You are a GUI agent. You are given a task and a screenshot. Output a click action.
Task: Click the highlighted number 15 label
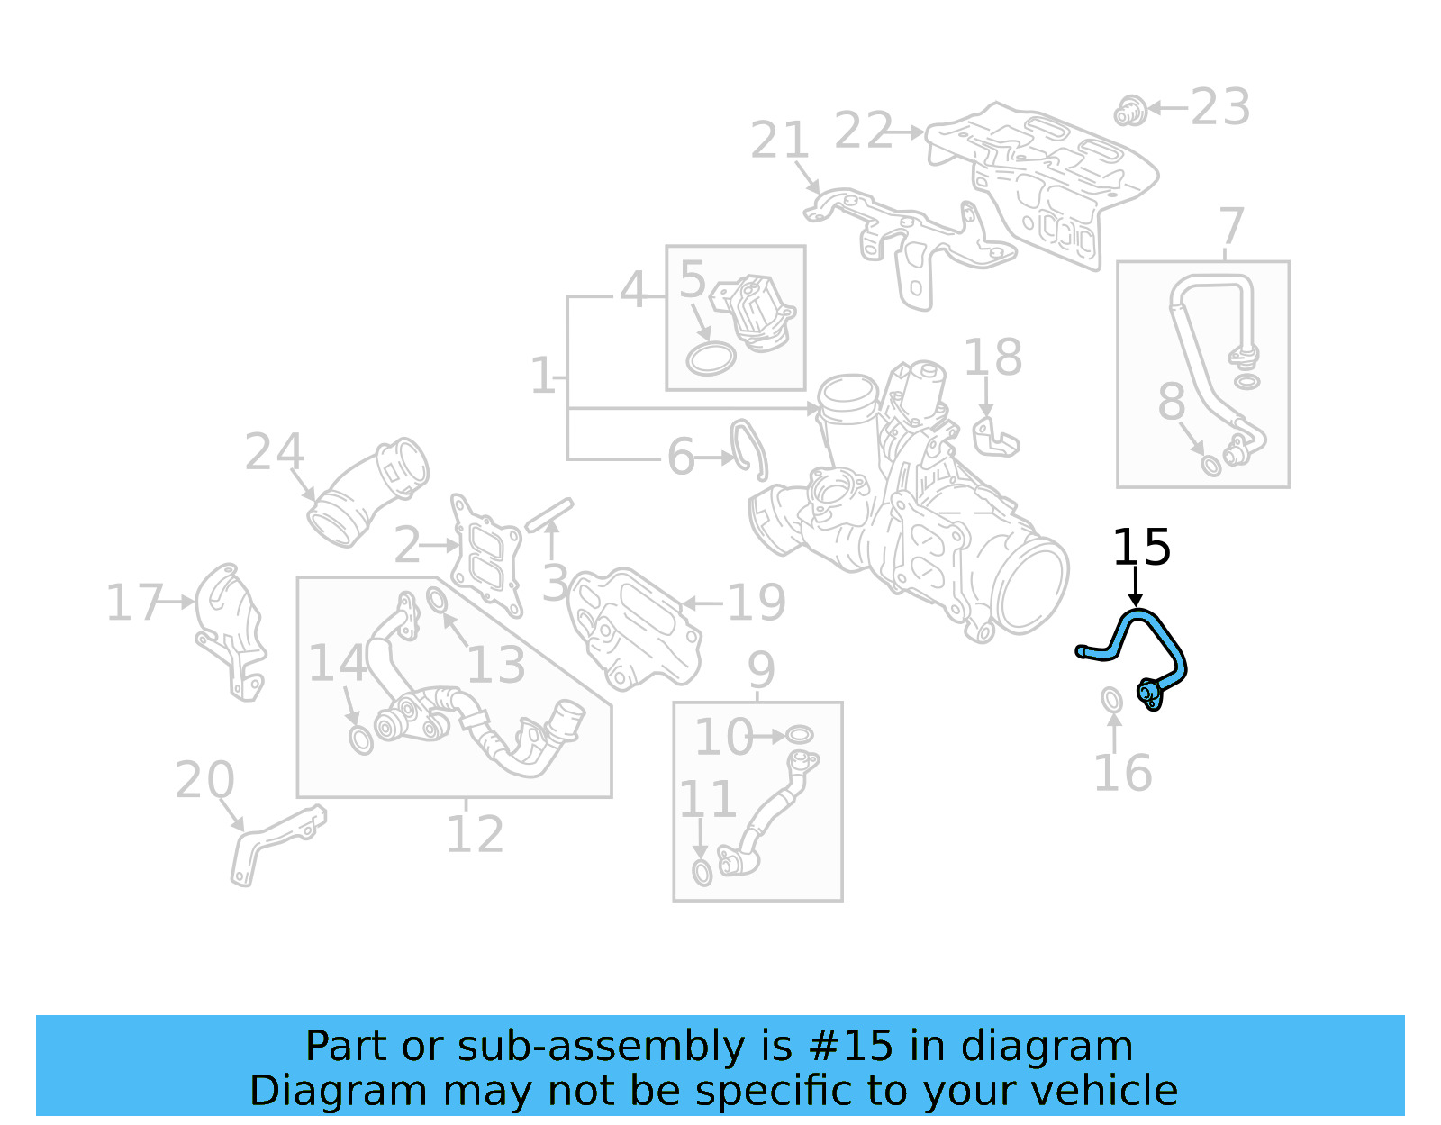click(x=1141, y=548)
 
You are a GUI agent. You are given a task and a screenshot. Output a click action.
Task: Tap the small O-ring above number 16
click(x=1112, y=699)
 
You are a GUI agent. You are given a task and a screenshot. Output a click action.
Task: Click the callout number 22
click(x=863, y=132)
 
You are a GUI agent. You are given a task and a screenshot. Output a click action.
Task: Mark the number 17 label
click(x=134, y=603)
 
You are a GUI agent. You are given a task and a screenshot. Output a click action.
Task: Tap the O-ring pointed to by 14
click(x=360, y=740)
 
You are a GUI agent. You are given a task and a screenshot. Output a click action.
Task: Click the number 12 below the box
click(x=475, y=835)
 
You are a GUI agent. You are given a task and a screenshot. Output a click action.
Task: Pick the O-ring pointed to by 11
click(x=702, y=872)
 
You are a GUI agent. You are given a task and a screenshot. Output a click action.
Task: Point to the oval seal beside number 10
click(x=799, y=734)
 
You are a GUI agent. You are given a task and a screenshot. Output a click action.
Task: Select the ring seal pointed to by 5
click(x=711, y=358)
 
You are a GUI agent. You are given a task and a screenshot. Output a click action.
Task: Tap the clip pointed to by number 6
click(x=749, y=448)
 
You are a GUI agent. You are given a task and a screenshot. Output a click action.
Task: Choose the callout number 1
click(x=542, y=376)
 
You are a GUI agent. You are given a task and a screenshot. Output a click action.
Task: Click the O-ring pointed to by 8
click(x=1212, y=465)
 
